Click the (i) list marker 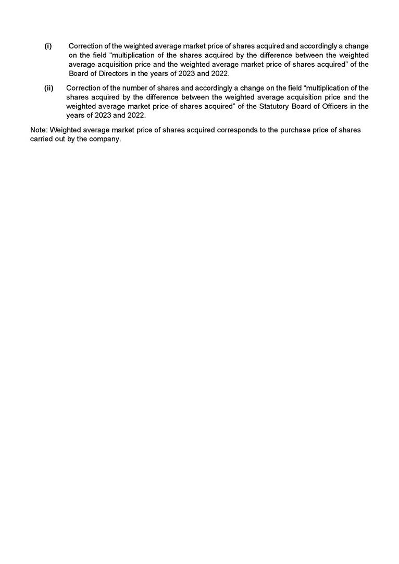tap(48, 46)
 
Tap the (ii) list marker tap(49, 88)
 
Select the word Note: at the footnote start tap(39, 130)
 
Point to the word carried tap(42, 140)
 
